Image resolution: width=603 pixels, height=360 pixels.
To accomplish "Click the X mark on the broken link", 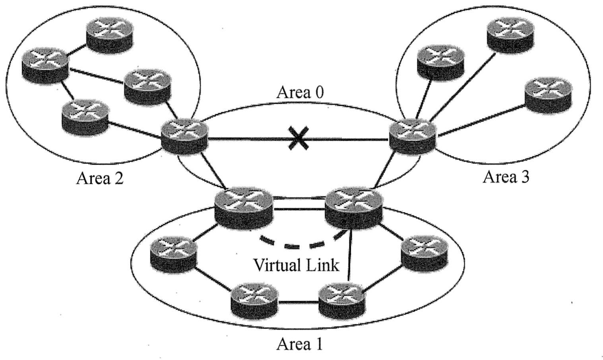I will pos(298,139).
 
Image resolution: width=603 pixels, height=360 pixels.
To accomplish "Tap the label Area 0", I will pos(300,92).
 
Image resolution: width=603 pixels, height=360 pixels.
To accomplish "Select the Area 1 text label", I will pos(299,343).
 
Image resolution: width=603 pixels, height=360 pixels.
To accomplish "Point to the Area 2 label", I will pos(99,178).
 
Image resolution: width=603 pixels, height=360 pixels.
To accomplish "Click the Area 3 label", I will pos(506,177).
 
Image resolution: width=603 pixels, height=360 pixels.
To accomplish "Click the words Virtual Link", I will pos(296,265).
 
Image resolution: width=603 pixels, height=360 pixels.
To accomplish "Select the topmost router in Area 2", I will pos(110,35).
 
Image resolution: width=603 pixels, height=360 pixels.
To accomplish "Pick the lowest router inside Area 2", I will pos(85,116).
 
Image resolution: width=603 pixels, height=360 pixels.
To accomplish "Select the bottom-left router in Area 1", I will pos(254,300).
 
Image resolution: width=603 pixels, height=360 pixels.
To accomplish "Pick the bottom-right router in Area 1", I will pos(342,300).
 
